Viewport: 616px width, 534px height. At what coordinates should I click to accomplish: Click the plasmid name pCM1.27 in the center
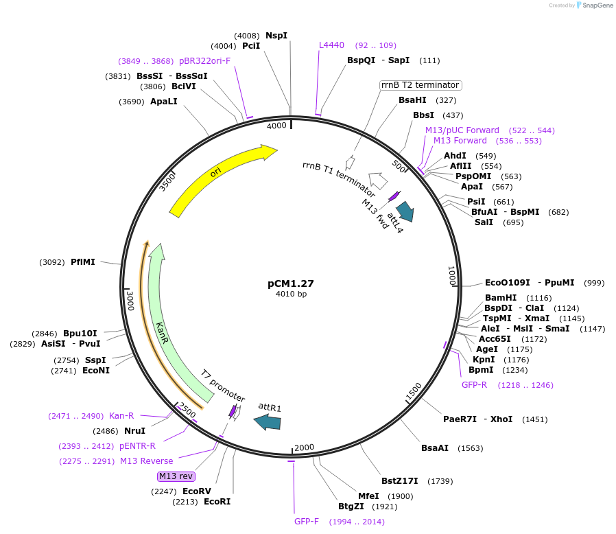click(291, 283)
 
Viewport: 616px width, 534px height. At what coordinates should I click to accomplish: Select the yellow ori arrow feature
click(220, 176)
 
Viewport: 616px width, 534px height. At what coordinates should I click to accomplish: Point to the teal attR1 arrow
click(267, 423)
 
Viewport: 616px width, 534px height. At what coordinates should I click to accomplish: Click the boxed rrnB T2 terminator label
click(420, 85)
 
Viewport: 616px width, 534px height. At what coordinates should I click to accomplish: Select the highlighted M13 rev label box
click(176, 476)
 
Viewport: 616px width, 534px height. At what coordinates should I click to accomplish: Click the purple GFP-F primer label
click(307, 522)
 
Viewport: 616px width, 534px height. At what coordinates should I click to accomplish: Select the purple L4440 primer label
click(331, 45)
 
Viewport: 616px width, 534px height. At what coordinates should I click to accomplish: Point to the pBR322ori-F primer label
click(204, 60)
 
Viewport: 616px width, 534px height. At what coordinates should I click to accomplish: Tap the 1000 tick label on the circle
click(451, 277)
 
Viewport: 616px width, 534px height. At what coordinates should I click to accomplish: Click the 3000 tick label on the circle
click(130, 300)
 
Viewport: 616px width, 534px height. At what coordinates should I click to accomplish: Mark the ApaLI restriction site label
click(164, 102)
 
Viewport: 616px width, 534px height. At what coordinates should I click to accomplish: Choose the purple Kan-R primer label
click(121, 416)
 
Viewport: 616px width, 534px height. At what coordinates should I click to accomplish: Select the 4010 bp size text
click(291, 294)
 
